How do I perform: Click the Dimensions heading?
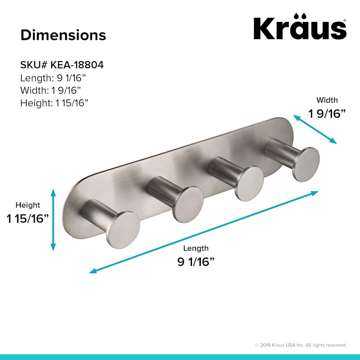63,35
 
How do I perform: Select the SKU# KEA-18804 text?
62,65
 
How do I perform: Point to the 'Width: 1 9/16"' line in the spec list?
53,90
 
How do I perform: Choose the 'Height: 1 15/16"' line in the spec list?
54,103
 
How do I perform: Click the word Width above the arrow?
327,100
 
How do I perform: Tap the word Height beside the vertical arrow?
28,205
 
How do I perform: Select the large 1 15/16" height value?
28,219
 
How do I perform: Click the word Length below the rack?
196,248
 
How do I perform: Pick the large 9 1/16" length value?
196,262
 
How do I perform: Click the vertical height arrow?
53,220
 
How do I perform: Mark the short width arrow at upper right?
315,129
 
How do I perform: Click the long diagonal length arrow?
204,232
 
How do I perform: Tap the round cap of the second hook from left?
188,204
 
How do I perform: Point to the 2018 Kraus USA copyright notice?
300,345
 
